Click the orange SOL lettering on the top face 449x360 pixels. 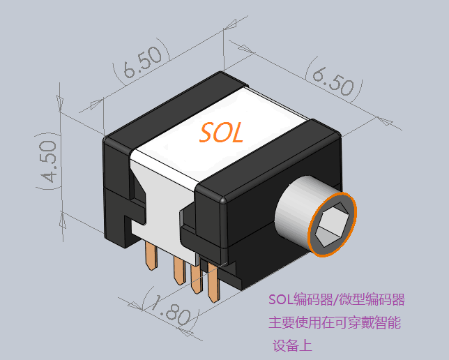(221, 133)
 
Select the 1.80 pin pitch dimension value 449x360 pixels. (170, 309)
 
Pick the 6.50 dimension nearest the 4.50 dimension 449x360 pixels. (142, 62)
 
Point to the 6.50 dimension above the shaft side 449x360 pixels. (333, 80)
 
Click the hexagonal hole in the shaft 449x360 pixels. (332, 225)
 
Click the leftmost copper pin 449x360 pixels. (151, 255)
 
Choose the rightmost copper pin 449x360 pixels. (213, 283)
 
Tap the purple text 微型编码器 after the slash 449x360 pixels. (372, 299)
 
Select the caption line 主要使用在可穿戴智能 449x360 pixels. (335, 322)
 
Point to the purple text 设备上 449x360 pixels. (292, 345)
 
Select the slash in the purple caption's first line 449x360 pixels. (335, 300)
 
